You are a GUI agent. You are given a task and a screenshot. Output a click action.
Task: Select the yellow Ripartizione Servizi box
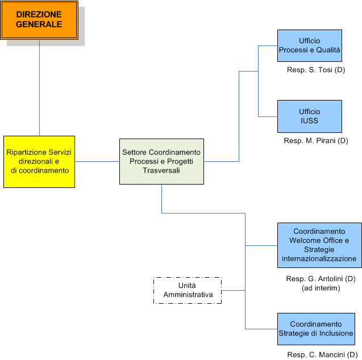[x=39, y=162]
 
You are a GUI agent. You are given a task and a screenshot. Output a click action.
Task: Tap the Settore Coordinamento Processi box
[x=161, y=162]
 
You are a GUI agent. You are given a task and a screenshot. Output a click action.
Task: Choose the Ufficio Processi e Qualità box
[x=309, y=45]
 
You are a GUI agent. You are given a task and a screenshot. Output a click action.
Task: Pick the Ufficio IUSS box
[x=309, y=116]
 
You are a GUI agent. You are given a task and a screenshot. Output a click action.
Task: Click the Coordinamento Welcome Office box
[x=319, y=245]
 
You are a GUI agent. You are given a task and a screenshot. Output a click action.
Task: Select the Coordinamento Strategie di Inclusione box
[x=315, y=329]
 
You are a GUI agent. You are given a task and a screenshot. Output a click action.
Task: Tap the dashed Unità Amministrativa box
[x=188, y=290]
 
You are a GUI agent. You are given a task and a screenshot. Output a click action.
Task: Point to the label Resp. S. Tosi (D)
[x=316, y=70]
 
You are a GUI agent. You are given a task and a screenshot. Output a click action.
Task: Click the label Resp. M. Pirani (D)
[x=315, y=140]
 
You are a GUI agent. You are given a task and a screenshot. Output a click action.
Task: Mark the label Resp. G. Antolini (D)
[x=321, y=279]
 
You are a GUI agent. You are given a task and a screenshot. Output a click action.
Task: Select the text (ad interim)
[x=321, y=288]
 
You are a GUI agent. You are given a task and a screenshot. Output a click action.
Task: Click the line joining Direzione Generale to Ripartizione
[x=39, y=88]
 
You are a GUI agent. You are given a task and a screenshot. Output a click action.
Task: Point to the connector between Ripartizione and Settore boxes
[x=97, y=162]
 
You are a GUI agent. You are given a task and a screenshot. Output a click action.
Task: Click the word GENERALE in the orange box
[x=39, y=24]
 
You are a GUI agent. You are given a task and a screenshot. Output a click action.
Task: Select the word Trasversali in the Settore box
[x=161, y=170]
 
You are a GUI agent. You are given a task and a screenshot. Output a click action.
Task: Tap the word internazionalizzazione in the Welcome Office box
[x=319, y=259]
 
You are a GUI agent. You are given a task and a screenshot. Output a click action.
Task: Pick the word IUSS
[x=310, y=121]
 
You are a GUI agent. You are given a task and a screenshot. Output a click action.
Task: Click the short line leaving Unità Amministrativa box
[x=233, y=290]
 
